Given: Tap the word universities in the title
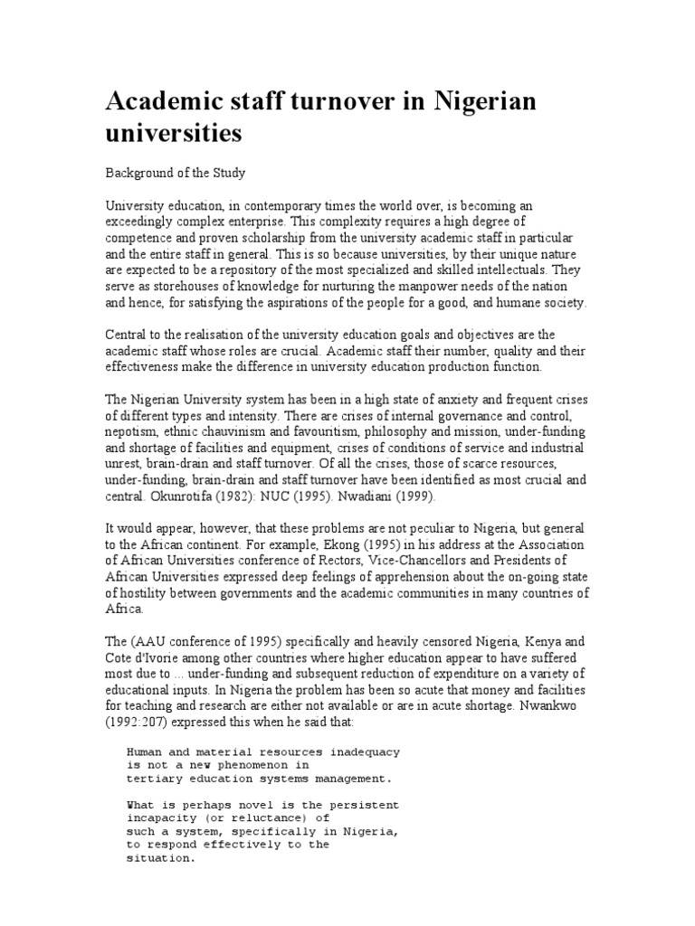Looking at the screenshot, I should tap(174, 134).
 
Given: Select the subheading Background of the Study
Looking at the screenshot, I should tap(176, 172).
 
